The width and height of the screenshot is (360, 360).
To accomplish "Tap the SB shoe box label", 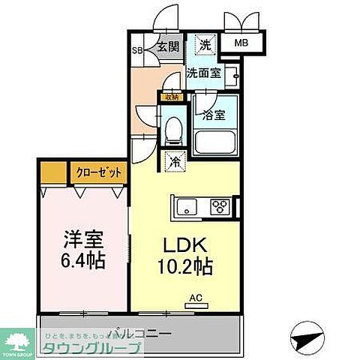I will click(136, 51).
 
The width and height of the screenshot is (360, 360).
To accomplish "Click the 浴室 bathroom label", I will click(214, 115).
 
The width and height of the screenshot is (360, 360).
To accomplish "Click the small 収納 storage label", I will click(172, 96).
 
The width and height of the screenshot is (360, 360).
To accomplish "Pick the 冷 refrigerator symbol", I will click(174, 160).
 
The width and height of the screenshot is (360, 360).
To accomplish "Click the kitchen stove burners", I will click(221, 205).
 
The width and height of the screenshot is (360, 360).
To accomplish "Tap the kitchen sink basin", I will click(184, 205).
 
